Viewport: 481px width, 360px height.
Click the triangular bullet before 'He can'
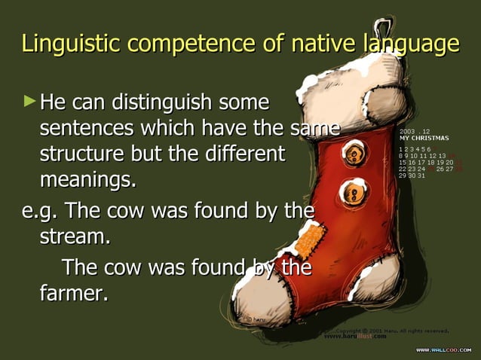[x=29, y=99]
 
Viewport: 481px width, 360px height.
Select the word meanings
[x=87, y=182]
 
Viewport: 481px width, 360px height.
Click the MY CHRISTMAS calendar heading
[x=424, y=138]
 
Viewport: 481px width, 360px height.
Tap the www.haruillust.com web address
[x=355, y=337]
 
